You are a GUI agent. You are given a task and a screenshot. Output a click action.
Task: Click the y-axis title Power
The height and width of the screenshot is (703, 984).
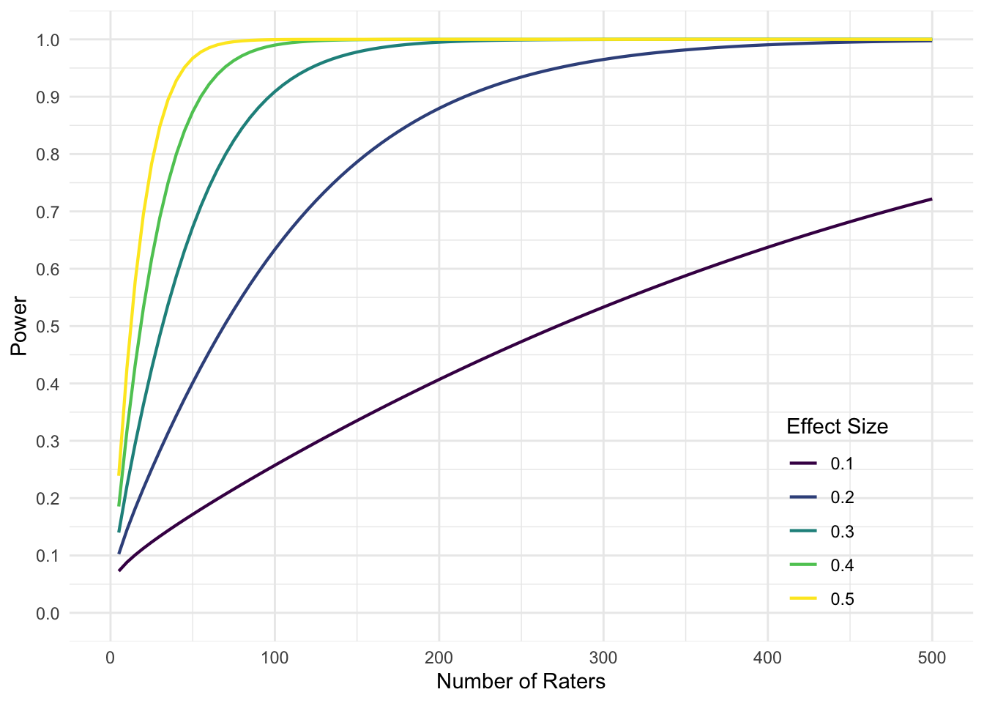(19, 326)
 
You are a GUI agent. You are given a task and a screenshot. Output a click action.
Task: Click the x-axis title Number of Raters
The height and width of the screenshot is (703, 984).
(521, 682)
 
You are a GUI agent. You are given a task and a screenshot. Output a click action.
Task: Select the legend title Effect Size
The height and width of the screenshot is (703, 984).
(837, 427)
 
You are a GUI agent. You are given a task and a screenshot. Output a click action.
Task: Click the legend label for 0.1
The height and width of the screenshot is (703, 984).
(842, 464)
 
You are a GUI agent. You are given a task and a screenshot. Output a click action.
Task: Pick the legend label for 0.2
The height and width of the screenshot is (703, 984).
(842, 498)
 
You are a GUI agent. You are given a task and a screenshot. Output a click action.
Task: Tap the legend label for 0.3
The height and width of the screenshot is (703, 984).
(842, 532)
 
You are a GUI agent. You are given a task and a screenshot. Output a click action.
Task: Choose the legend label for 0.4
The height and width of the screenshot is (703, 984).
(842, 565)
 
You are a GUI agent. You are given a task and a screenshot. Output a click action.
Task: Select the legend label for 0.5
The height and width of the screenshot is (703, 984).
(842, 599)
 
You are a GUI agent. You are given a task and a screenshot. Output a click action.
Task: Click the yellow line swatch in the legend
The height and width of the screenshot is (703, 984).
(803, 599)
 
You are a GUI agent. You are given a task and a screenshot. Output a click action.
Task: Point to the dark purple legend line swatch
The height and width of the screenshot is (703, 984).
(803, 464)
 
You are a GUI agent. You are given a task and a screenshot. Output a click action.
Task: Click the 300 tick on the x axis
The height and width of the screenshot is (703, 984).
(603, 658)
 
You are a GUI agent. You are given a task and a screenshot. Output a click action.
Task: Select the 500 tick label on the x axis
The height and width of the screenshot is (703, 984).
(931, 658)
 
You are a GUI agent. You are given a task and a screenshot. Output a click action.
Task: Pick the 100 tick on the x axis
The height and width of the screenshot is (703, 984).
(275, 658)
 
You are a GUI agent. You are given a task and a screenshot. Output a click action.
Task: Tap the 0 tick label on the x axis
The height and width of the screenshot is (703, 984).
(110, 658)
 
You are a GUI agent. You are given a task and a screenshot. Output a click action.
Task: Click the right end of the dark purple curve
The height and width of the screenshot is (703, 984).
(931, 199)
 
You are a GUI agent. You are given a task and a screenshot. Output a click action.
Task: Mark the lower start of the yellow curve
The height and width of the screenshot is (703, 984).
(119, 475)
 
